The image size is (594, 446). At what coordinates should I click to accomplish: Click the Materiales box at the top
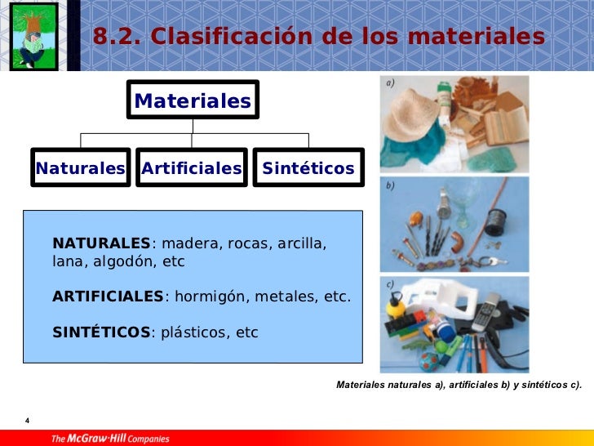193,100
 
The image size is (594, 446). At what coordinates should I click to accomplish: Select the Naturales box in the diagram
80,168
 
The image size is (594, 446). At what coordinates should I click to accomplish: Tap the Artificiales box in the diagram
192,168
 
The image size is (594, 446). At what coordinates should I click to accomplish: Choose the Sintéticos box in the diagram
308,168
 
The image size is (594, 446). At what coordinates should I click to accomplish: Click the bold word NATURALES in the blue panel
101,243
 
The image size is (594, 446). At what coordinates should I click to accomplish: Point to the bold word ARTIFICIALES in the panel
108,296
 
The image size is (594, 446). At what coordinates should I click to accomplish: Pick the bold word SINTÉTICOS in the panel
101,332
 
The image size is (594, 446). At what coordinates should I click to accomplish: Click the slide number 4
28,421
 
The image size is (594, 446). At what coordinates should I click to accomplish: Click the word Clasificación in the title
213,37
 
